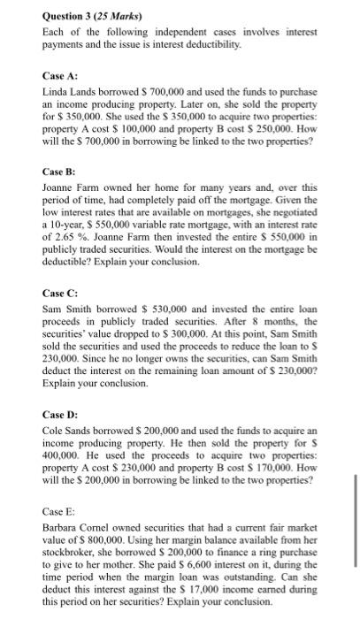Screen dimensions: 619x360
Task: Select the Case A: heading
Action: coord(59,75)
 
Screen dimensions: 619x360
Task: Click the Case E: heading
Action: coord(58,511)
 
